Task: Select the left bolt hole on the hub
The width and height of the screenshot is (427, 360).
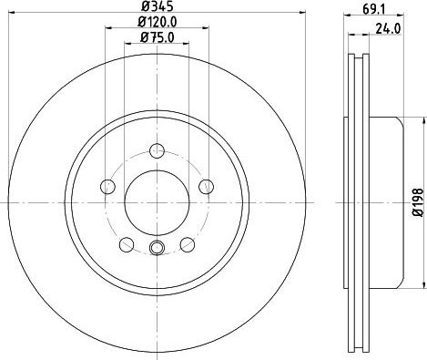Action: (107, 187)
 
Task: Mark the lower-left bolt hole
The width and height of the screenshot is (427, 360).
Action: (127, 244)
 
